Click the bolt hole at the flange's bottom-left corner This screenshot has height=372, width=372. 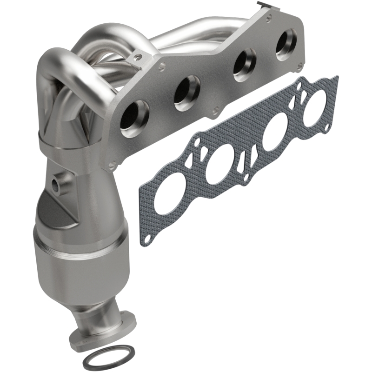111,164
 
